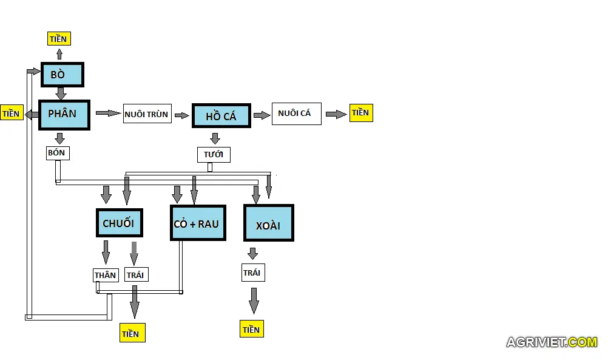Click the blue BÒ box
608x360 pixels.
62,75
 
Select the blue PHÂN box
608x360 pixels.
64,115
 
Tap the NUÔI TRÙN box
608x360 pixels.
147,114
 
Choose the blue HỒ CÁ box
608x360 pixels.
221,115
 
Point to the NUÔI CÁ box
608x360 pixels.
296,114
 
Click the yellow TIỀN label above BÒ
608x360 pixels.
59,39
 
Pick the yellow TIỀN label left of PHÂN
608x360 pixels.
12,114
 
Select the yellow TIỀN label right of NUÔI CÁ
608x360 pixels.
360,113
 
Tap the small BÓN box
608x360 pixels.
58,153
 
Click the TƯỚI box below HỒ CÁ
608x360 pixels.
214,154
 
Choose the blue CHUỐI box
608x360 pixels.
119,223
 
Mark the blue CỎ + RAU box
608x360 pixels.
198,223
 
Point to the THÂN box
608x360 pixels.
105,275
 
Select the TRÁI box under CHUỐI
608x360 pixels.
135,275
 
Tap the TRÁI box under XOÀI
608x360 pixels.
252,273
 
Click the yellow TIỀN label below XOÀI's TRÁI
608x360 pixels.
252,330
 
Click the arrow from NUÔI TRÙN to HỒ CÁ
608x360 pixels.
181,115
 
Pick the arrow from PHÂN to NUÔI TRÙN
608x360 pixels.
108,113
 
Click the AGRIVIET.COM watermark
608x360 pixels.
552,342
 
